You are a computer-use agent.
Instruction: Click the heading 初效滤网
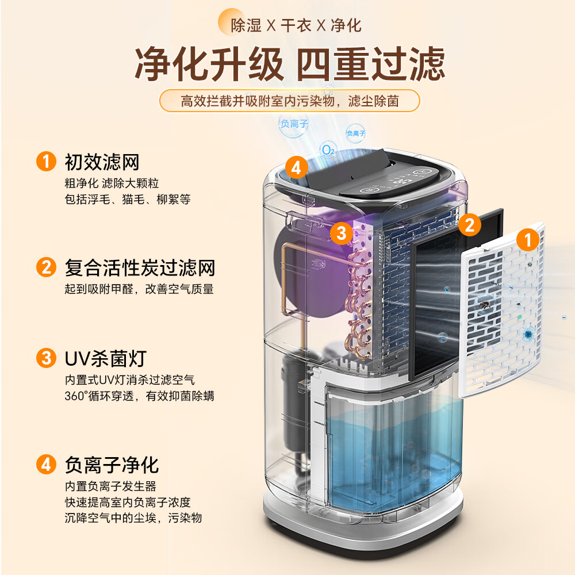point(102,162)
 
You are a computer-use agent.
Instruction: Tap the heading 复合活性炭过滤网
point(140,268)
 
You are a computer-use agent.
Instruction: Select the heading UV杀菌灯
point(106,358)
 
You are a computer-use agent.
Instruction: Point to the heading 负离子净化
point(112,465)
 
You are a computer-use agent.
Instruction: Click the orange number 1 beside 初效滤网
point(46,162)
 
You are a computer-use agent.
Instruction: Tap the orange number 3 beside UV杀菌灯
point(46,358)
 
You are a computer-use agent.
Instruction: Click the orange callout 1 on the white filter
point(528,240)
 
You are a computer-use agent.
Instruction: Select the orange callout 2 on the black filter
point(469,225)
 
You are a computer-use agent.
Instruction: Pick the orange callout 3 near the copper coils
point(342,233)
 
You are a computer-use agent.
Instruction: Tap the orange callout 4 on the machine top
point(296,168)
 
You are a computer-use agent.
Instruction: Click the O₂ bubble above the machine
point(328,150)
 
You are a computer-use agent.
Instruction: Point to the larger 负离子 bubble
point(294,124)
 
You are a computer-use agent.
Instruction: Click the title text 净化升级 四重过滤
point(290,64)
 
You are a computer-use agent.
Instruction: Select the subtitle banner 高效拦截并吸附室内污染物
point(290,101)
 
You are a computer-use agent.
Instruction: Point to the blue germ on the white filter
point(528,333)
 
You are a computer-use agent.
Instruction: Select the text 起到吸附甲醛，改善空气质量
point(139,289)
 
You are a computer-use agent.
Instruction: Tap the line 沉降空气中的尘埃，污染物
point(133,518)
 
